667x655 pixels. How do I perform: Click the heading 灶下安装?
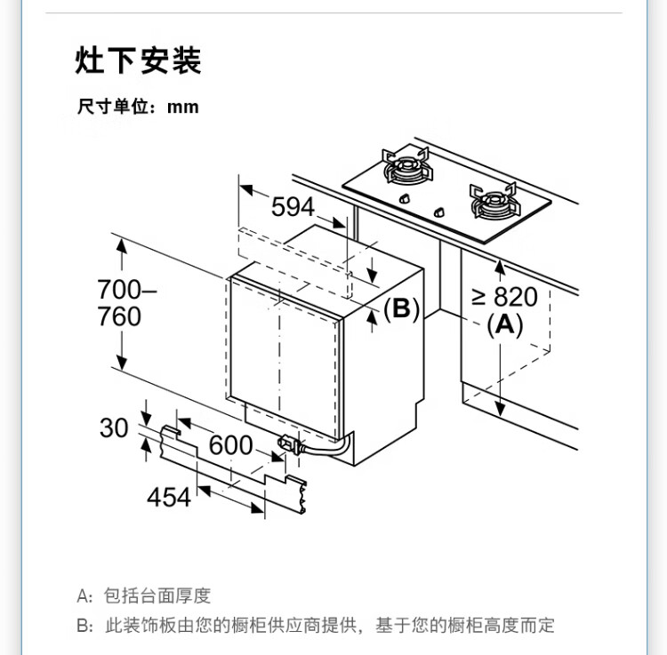click(x=138, y=61)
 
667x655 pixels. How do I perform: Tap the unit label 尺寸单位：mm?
click(x=138, y=108)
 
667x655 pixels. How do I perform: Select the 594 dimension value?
click(x=293, y=207)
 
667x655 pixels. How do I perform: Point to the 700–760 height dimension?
click(x=120, y=303)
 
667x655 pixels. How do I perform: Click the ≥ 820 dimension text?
click(x=504, y=297)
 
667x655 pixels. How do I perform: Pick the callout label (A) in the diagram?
click(x=504, y=324)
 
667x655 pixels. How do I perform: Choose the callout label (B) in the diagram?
click(x=401, y=308)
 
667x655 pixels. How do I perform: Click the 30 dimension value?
click(x=114, y=428)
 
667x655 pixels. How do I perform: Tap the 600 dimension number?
click(x=230, y=444)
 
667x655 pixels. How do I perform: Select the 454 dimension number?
click(x=169, y=497)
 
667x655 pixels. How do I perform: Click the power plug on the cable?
click(x=289, y=444)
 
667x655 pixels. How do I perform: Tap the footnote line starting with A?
click(x=144, y=595)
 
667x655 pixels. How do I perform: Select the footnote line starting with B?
click(x=316, y=626)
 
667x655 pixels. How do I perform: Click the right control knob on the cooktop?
click(x=439, y=212)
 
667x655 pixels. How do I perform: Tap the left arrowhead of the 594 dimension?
click(x=246, y=190)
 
